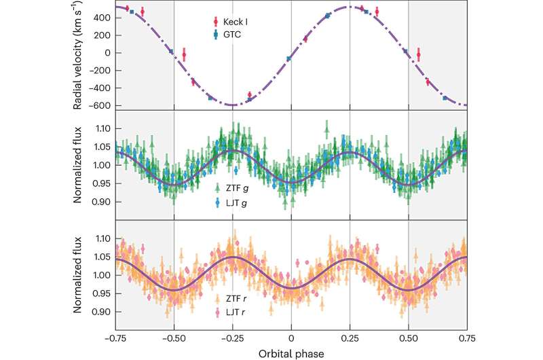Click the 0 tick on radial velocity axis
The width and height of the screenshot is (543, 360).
pos(107,52)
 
